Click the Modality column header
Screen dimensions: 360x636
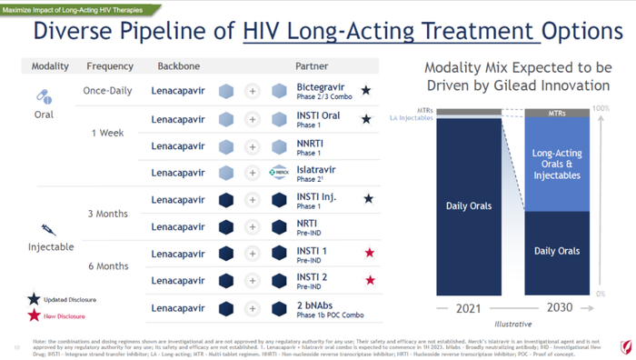point(50,66)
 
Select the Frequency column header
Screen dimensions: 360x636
point(110,66)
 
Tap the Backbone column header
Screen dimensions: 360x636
point(178,66)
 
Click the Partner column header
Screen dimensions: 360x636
point(312,66)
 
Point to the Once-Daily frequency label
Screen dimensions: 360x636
point(108,91)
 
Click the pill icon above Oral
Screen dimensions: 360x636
point(44,96)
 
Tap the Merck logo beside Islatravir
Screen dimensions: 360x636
point(280,173)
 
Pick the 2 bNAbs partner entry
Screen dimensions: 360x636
point(314,305)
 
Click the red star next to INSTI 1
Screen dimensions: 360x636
point(370,254)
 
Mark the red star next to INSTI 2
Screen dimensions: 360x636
point(370,281)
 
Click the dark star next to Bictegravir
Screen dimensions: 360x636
point(366,91)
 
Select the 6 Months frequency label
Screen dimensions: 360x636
point(107,266)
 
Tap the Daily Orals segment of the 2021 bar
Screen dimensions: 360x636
point(469,205)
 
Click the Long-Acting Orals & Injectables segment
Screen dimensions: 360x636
point(557,165)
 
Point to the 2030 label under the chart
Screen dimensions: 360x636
point(559,307)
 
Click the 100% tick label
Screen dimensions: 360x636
point(601,109)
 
